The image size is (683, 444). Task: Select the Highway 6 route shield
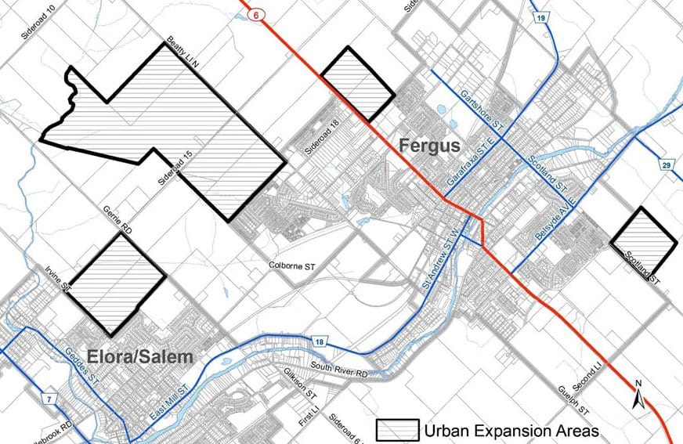click(255, 14)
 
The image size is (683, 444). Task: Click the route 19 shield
click(541, 16)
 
